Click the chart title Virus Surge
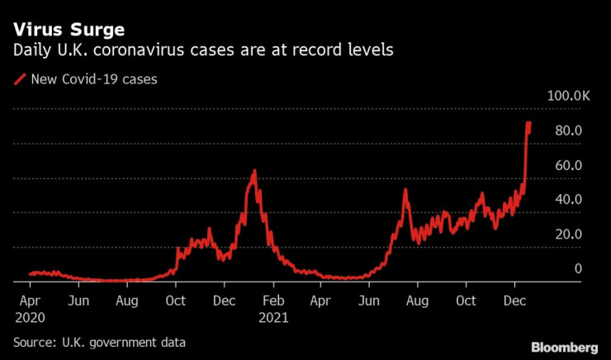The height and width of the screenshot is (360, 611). tap(69, 30)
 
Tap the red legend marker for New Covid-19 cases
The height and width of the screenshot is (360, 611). tap(20, 80)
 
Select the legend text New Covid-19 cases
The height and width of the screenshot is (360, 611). tap(93, 80)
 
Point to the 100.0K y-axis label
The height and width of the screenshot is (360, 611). tap(568, 96)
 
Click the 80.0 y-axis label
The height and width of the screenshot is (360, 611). tap(570, 130)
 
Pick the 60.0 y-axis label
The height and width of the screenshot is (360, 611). tap(570, 165)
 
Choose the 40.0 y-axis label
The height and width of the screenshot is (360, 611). tap(570, 200)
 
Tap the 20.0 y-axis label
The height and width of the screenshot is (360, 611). tap(570, 234)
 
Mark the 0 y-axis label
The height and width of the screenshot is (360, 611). tap(578, 268)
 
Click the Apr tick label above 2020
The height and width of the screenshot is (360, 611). tap(30, 301)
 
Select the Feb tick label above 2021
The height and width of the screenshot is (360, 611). tap(272, 301)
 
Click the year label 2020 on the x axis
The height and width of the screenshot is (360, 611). tap(31, 316)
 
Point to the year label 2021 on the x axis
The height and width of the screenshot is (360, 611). tap(272, 316)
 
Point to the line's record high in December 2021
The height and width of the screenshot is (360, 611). tap(528, 123)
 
